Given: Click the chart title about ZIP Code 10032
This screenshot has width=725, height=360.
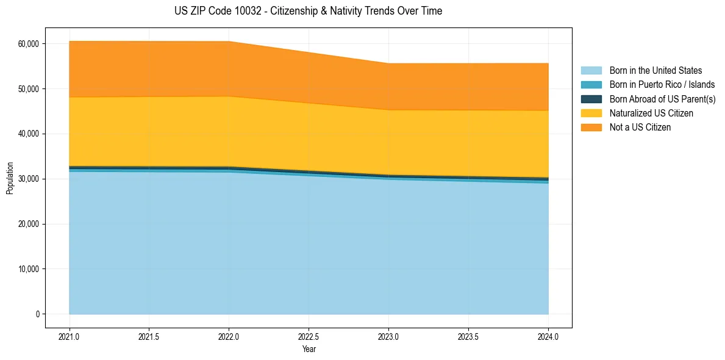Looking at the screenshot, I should click(308, 11).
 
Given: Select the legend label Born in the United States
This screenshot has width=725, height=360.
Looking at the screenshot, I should click(655, 71).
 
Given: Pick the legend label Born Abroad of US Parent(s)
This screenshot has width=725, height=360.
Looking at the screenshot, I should click(662, 99).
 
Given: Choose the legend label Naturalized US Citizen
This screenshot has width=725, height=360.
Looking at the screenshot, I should click(651, 113).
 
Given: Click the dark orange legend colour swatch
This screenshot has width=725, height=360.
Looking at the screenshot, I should click(591, 128).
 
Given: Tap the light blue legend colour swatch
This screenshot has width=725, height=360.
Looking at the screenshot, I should click(591, 71).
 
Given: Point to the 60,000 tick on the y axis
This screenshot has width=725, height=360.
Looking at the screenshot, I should click(28, 44).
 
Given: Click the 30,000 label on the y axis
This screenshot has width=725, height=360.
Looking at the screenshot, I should click(28, 179).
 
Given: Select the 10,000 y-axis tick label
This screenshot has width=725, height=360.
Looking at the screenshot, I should click(28, 269).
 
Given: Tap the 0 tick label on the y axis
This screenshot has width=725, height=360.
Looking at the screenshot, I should click(37, 314).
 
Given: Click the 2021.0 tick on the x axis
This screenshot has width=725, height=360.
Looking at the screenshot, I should click(70, 336).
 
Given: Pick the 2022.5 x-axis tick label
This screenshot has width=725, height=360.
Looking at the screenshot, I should click(309, 336).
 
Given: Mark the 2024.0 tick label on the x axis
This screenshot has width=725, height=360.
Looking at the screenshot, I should click(548, 336).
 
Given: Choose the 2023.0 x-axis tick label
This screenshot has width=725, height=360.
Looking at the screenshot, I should click(388, 336).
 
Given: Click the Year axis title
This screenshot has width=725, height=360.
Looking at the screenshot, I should click(309, 349).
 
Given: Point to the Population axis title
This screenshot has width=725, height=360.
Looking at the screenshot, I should click(10, 178).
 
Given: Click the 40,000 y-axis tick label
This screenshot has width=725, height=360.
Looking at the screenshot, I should click(28, 134).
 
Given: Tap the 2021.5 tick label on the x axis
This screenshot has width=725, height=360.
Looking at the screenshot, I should click(149, 336).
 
